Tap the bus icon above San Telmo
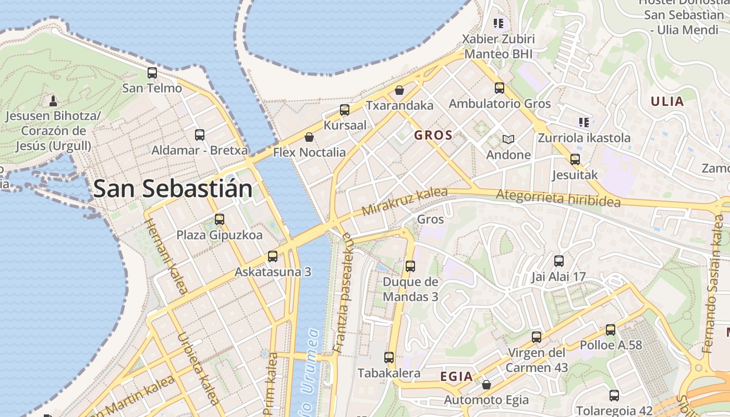tap(152, 73)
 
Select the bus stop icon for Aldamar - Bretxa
tap(199, 135)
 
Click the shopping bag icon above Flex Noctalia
tap(309, 137)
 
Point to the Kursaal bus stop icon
tap(345, 110)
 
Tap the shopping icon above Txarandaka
tap(399, 90)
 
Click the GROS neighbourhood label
tap(433, 136)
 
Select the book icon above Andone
tap(508, 139)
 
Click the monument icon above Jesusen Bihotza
tap(53, 100)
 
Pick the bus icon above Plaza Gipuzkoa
tap(219, 219)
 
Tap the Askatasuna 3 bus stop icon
tap(272, 256)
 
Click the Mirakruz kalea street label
tap(405, 201)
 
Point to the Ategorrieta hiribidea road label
tap(558, 198)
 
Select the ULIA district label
tap(667, 101)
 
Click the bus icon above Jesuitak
tap(575, 160)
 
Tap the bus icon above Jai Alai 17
tap(558, 261)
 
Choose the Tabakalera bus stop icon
tap(389, 358)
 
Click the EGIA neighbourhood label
tap(456, 376)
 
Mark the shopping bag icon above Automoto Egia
tap(486, 385)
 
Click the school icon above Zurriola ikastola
tap(583, 122)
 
